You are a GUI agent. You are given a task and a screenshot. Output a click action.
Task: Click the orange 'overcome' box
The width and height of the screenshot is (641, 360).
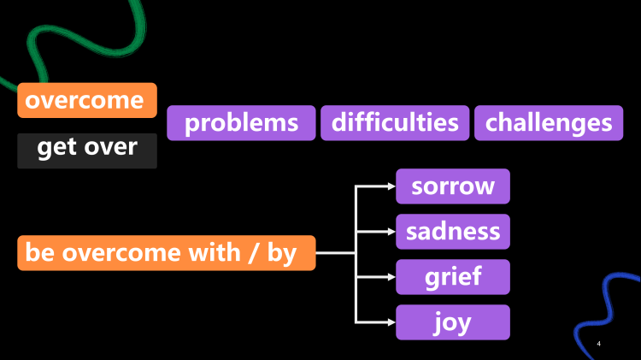pos(87,100)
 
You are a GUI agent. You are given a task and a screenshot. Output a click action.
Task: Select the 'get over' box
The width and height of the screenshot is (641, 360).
pos(87,148)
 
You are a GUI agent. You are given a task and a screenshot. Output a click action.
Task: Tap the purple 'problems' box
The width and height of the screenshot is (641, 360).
pos(241,123)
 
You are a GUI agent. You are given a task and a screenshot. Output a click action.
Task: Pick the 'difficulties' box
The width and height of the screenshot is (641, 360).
pos(395,123)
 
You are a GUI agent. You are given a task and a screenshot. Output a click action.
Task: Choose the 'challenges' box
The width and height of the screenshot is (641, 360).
pos(549,123)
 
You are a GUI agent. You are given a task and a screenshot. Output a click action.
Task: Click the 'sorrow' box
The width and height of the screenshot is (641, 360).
pos(453,186)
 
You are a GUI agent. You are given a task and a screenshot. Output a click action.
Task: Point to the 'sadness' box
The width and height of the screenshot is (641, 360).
pos(453,232)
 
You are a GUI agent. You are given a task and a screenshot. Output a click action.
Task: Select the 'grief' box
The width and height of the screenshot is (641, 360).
pos(453,277)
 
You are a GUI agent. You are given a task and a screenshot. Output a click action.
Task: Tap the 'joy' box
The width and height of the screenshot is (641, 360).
pos(453,322)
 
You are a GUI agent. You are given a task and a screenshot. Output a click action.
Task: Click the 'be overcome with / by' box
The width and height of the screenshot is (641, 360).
pos(166,253)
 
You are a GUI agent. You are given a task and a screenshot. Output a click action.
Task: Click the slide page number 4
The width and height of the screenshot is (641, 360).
pos(598,343)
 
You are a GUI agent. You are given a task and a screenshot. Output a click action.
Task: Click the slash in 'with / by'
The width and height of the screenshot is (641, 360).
pos(253,254)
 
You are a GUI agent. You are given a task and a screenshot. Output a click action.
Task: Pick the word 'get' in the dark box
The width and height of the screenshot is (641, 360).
pos(57,148)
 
